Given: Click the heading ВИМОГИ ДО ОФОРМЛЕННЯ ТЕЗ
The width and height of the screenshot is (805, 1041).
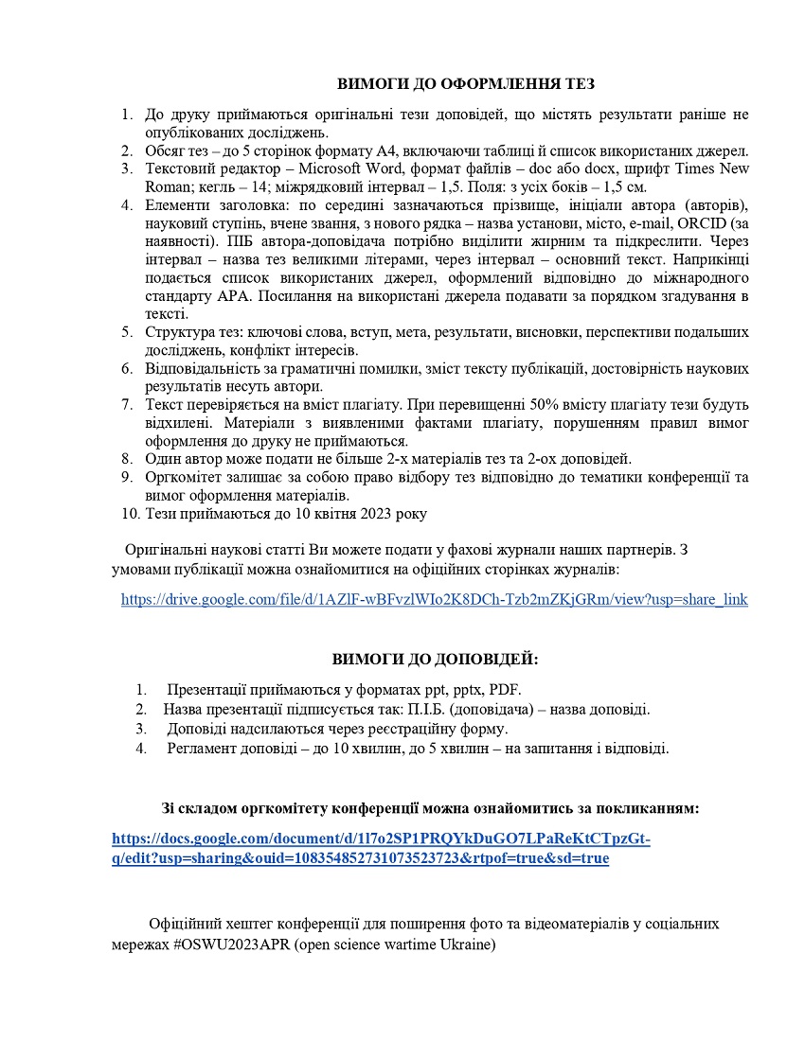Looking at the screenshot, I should tap(466, 84).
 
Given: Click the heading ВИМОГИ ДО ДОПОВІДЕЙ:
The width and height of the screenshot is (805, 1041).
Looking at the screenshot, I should tap(435, 659).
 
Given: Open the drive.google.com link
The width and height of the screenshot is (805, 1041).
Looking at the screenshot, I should tap(434, 599).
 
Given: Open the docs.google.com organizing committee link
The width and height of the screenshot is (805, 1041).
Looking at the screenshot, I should tap(381, 849).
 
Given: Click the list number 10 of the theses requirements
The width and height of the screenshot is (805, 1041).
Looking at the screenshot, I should tap(130, 514).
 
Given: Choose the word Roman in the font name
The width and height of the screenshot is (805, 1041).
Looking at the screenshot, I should tap(167, 186).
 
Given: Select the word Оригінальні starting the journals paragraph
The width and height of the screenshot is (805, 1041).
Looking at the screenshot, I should tap(165, 549).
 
